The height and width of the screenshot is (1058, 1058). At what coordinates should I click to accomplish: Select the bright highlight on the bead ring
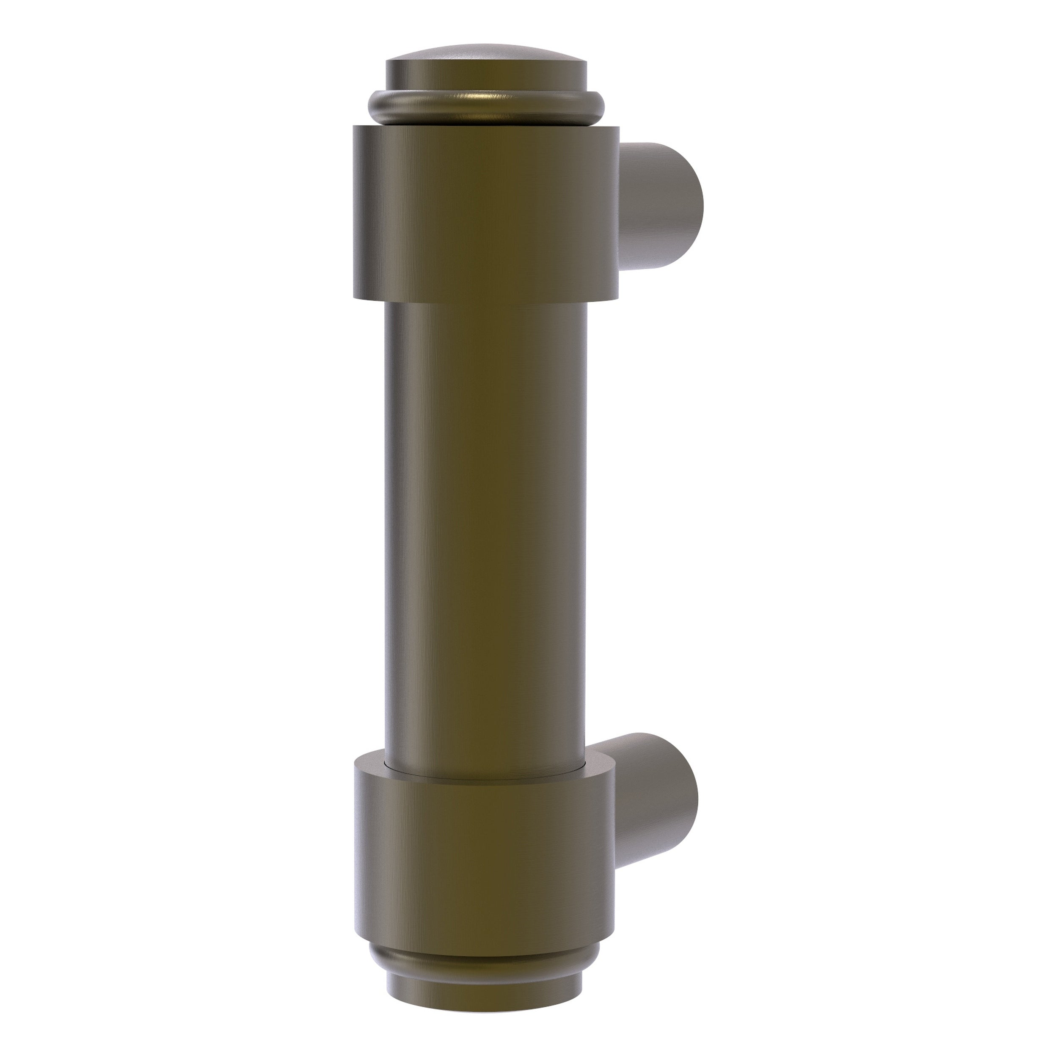[482, 99]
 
